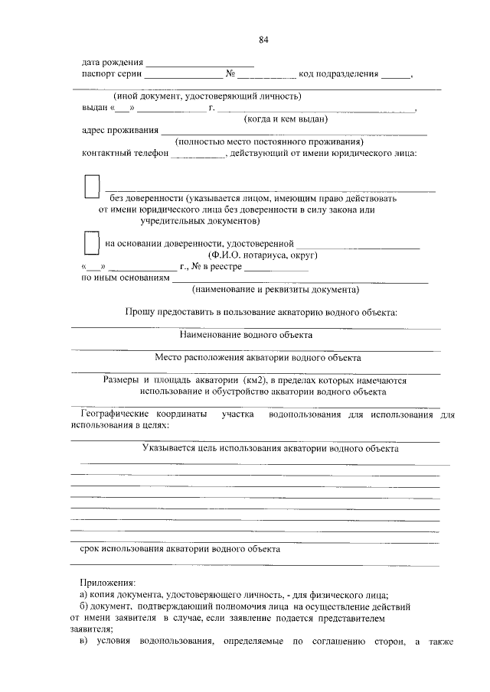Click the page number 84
click(264, 39)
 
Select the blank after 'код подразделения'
click(395, 75)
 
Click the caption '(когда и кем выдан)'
click(285, 119)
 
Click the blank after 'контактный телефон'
click(196, 154)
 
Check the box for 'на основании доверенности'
click(91, 242)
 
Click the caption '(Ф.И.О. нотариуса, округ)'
click(263, 255)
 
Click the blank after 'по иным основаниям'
click(299, 279)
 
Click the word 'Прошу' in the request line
click(139, 313)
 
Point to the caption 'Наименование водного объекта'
click(246, 335)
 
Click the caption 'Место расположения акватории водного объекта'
click(257, 357)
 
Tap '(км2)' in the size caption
click(255, 379)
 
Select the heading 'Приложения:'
click(107, 582)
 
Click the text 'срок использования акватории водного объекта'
click(180, 548)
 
